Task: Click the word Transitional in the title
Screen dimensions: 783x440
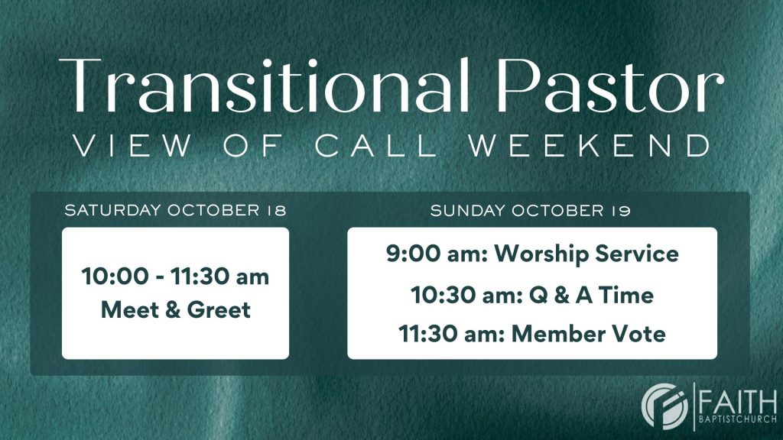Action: [x=265, y=85]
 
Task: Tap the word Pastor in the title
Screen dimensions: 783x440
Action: [x=610, y=85]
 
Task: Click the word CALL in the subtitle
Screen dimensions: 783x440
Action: [x=376, y=146]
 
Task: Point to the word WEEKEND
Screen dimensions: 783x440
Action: [x=591, y=146]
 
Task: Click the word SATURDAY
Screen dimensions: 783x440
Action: [x=112, y=210]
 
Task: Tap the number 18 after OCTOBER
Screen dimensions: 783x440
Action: [x=276, y=210]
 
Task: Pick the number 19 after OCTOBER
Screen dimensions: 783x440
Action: [x=620, y=211]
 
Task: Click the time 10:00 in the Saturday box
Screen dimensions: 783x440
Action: [x=115, y=277]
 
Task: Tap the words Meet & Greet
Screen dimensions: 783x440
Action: [x=176, y=310]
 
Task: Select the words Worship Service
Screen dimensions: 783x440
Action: [x=586, y=254]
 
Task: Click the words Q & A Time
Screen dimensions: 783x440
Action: [x=591, y=295]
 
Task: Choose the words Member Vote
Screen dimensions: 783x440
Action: [x=589, y=334]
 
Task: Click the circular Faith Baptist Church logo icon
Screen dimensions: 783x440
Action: [x=664, y=406]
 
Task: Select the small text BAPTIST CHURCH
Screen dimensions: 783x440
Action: [x=738, y=419]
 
